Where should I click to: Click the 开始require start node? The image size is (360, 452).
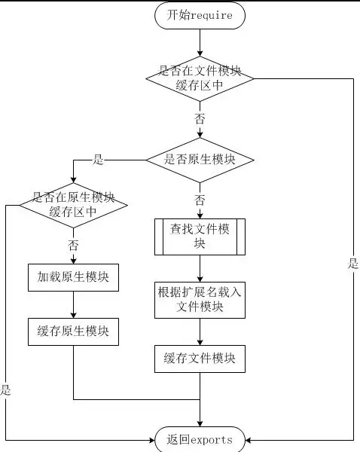tap(200, 14)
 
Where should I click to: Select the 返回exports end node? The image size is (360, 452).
tap(200, 439)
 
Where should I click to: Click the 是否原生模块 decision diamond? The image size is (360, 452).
tap(200, 160)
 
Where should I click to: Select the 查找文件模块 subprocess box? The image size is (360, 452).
tap(200, 237)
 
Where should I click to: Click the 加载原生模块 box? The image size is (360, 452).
tap(73, 277)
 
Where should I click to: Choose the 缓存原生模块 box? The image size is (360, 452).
tap(73, 330)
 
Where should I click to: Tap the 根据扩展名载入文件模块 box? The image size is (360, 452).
tap(200, 299)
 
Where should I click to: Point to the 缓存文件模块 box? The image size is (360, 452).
tap(200, 359)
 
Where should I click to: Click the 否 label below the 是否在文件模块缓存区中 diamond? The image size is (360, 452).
tap(200, 119)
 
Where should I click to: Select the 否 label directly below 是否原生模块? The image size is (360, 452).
tap(200, 200)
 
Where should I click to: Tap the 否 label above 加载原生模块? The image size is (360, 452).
tap(73, 245)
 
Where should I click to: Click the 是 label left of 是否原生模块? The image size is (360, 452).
tap(98, 160)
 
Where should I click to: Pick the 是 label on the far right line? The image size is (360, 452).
tap(353, 264)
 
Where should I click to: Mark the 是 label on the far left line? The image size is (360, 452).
tap(6, 389)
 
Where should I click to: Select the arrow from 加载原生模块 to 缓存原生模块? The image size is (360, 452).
tap(73, 305)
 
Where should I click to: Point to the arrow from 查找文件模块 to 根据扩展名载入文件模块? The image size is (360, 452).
tap(200, 269)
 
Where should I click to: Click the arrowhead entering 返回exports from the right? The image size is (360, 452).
tap(249, 439)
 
